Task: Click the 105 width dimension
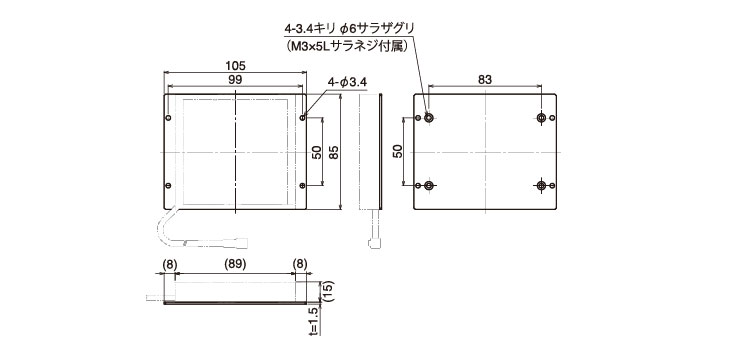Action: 235,66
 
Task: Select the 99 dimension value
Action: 235,80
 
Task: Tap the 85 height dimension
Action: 333,152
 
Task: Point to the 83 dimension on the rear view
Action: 485,80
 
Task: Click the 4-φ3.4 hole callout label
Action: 347,82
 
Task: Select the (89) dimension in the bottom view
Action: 235,265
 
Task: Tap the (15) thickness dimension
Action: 328,292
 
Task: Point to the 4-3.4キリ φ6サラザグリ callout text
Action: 349,29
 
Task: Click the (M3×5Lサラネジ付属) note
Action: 347,46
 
